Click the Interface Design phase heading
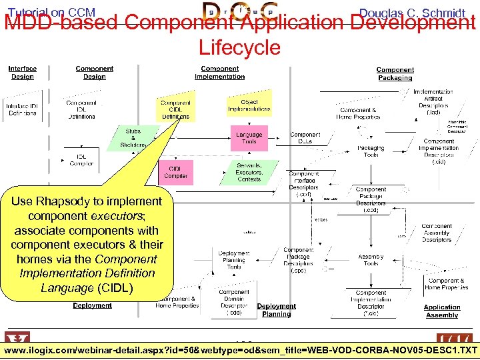tap(23, 72)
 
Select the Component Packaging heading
tap(395, 73)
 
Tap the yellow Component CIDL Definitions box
tap(175, 109)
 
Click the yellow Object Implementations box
tap(249, 105)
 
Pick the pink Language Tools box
tap(249, 138)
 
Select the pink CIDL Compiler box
tap(175, 172)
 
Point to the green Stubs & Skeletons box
tap(133, 138)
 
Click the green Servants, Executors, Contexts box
tap(249, 172)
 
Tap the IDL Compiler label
tap(82, 160)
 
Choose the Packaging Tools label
tap(371, 151)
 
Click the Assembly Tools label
tap(371, 260)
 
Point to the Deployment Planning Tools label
tap(234, 260)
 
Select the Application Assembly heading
tap(442, 311)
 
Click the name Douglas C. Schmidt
tap(412, 13)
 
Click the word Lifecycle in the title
tap(239, 47)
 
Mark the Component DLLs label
tap(305, 138)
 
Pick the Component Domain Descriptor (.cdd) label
tap(234, 302)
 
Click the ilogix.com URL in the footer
tap(240, 351)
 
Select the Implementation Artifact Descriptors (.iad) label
tap(433, 102)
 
